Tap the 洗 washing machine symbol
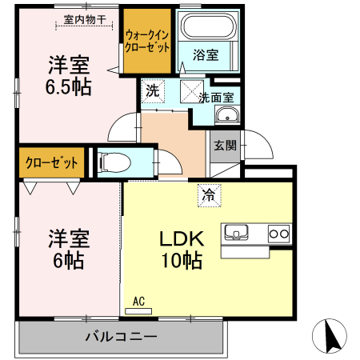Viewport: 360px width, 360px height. click(152, 90)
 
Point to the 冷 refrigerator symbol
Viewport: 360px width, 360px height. click(208, 194)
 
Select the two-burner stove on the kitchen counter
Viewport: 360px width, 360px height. click(278, 234)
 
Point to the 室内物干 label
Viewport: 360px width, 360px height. click(84, 19)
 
